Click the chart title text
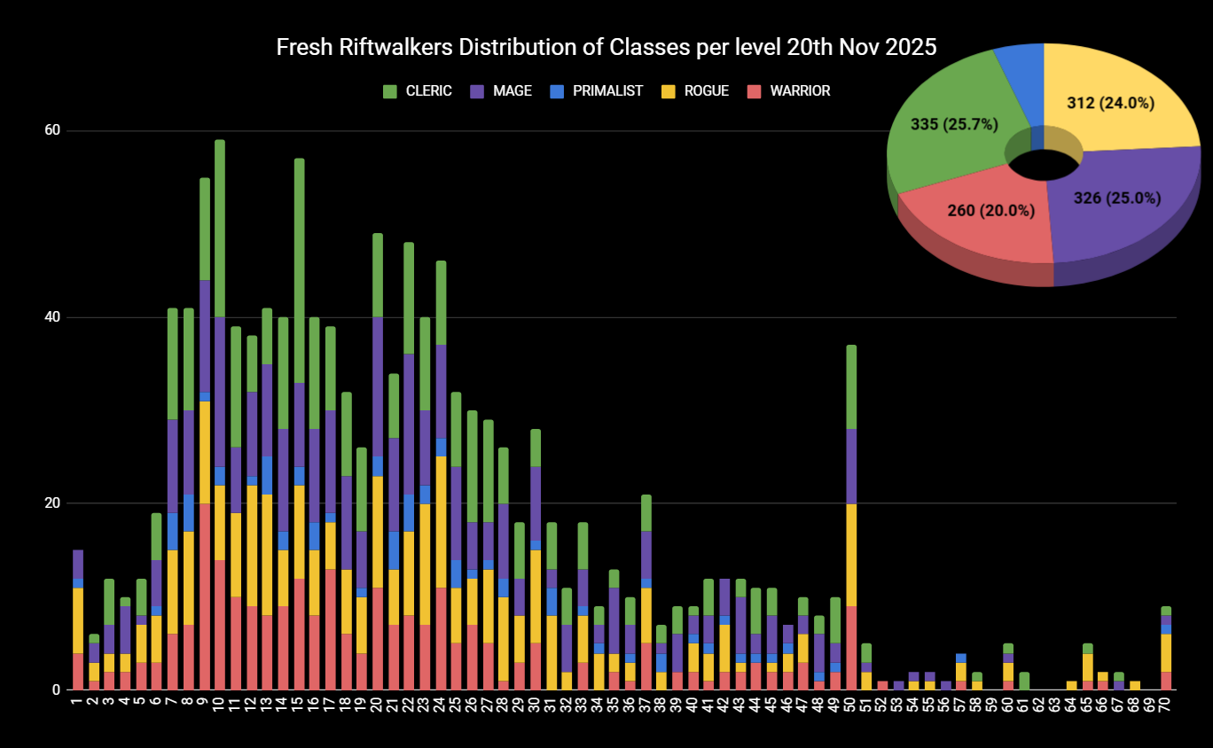click(606, 48)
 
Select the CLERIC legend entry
click(428, 91)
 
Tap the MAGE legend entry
click(512, 91)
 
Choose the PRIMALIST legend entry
click(607, 91)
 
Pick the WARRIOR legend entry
click(800, 91)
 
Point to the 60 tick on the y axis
click(52, 131)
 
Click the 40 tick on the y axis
click(52, 317)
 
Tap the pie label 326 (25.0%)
click(1116, 199)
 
